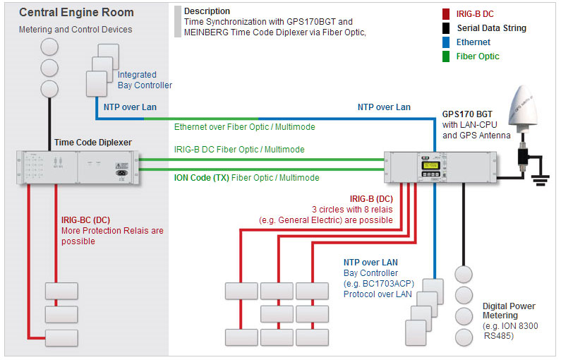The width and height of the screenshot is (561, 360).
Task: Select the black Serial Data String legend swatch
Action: pos(446,29)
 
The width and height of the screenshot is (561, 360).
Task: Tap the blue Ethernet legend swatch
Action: pos(446,42)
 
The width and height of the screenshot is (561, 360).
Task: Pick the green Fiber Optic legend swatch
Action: pos(446,56)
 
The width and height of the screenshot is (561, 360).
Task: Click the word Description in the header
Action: pos(207,11)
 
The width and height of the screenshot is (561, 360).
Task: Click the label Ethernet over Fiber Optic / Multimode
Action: pos(244,127)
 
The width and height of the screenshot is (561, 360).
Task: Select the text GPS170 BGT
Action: pos(468,112)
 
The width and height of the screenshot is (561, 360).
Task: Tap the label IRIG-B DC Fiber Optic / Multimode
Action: pos(239,150)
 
